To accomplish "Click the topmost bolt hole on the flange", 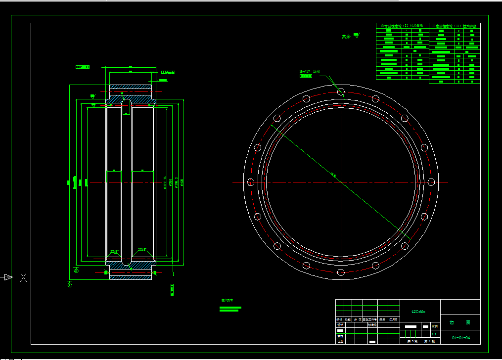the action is coord(341,91).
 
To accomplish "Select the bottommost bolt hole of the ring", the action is coord(341,272).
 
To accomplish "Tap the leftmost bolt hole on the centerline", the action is coord(250,182).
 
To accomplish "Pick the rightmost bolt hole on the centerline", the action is coord(431,182).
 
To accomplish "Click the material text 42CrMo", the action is coord(418,312).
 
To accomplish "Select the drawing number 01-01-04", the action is coord(460,338).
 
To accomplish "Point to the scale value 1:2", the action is coord(434,334).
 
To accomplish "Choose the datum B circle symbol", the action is coord(76,270).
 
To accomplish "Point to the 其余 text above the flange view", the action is coord(346,37).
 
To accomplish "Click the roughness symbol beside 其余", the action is coord(356,35).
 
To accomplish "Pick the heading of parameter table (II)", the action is coord(454,26).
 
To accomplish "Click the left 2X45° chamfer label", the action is coord(114,251).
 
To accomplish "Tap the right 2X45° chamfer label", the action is coord(142,249).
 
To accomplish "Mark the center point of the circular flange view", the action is coord(341,182).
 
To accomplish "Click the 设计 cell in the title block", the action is coord(340,325).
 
